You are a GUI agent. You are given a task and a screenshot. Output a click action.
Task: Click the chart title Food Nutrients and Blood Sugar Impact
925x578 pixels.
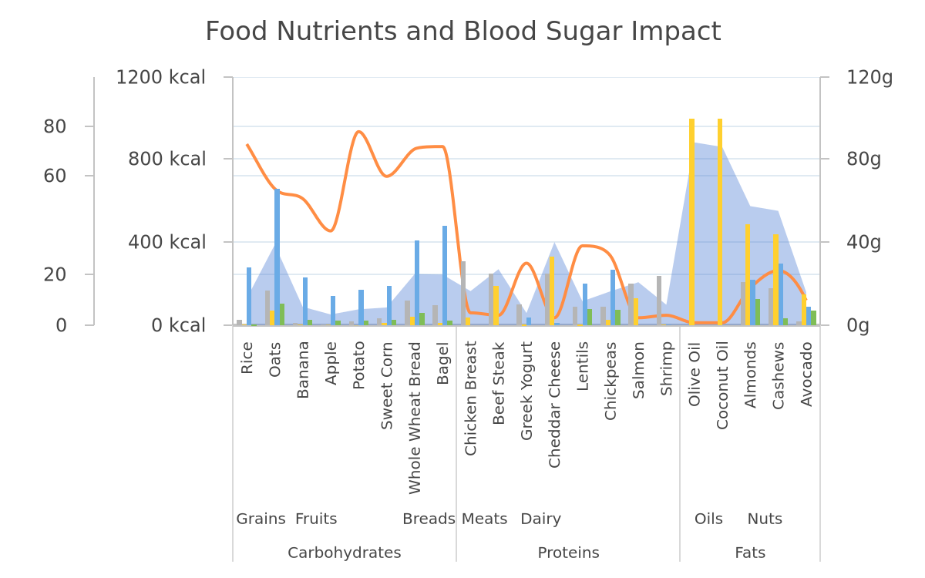click(463, 32)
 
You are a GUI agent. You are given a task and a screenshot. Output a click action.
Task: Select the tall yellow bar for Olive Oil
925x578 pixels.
click(691, 222)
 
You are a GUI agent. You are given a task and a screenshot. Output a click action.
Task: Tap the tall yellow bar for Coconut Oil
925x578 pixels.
click(720, 222)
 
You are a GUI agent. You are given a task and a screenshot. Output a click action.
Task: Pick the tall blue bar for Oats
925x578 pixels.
click(277, 257)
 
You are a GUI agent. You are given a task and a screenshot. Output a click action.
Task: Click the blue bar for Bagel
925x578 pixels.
click(445, 275)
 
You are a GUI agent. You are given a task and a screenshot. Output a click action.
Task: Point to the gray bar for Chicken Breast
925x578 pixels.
click(463, 293)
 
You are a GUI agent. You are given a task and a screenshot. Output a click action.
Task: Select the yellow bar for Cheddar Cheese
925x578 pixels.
click(552, 291)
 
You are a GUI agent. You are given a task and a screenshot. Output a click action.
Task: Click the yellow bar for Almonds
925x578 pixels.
click(748, 274)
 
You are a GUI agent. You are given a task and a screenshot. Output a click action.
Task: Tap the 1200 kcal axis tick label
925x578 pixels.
click(160, 77)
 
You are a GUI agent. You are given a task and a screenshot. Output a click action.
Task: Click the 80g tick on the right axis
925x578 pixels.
click(863, 159)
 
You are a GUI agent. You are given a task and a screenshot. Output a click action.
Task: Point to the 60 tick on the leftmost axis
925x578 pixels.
click(55, 176)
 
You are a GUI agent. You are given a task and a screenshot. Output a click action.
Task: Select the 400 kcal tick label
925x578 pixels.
click(166, 242)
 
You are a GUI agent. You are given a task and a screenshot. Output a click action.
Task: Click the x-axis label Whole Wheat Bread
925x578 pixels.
click(415, 418)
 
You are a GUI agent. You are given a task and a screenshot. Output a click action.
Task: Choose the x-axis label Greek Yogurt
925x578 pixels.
click(526, 391)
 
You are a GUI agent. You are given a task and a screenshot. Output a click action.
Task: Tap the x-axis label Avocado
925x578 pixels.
click(806, 374)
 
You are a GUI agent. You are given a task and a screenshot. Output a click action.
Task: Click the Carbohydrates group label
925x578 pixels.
click(345, 553)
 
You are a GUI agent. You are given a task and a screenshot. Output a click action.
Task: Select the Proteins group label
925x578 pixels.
click(568, 553)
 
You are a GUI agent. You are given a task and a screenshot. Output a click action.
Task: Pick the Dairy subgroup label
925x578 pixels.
click(541, 519)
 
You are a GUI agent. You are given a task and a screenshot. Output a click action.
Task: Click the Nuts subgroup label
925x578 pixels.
click(765, 519)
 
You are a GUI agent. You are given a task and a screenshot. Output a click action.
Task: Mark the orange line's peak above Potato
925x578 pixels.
click(359, 132)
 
